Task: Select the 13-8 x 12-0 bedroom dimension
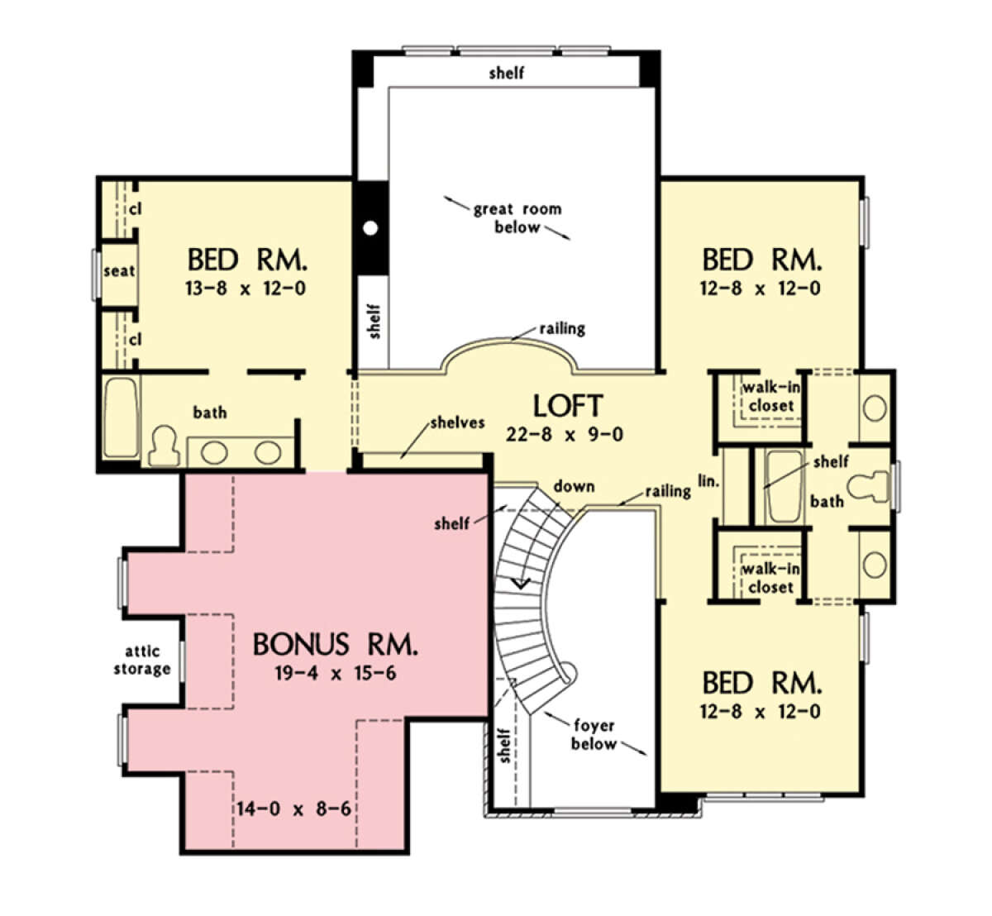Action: [x=246, y=289]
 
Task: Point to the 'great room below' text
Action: [x=517, y=218]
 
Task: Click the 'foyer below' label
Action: [x=594, y=734]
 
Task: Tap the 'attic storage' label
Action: [x=141, y=661]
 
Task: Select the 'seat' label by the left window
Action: [x=119, y=270]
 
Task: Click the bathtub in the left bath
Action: [x=121, y=417]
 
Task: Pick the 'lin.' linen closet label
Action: [x=709, y=479]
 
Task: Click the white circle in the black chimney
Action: [x=371, y=227]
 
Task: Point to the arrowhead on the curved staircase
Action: [x=520, y=583]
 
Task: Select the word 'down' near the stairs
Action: [x=574, y=486]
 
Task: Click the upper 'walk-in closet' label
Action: [x=770, y=397]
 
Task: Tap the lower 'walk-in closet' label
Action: [x=770, y=578]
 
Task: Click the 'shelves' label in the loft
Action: [x=457, y=423]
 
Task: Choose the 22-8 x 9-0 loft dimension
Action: [x=567, y=434]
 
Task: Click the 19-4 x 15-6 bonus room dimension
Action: [x=335, y=673]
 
